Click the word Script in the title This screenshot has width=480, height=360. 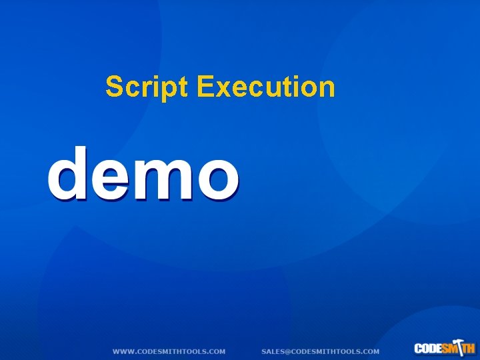point(149,87)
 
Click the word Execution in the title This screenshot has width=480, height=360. point(267,87)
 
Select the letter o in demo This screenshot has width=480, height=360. point(215,178)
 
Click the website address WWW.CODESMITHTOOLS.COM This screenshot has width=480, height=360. point(169,351)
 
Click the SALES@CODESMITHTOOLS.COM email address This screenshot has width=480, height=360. point(320,351)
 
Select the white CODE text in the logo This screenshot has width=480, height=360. point(427,349)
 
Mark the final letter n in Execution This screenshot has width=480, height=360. point(327,89)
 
